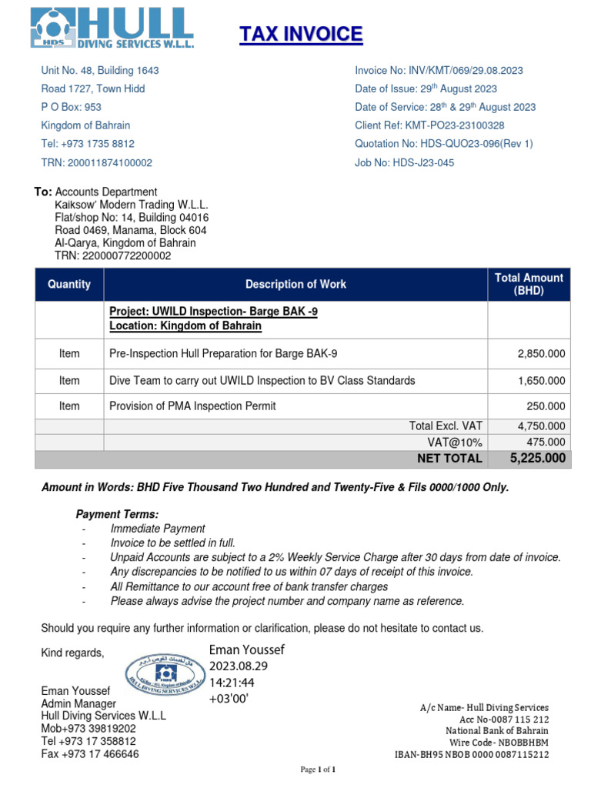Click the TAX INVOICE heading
coord(300,35)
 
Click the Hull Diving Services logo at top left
coord(112,28)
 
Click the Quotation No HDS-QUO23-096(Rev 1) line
coord(443,144)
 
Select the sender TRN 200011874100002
coord(96,162)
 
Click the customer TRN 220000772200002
coord(112,255)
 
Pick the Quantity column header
coord(69,284)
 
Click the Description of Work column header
coord(295,284)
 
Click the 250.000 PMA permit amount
coord(546,406)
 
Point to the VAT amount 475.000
coord(546,442)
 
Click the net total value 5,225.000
coord(538,459)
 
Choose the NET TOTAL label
coord(449,459)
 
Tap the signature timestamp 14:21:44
coord(232,682)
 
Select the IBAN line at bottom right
coord(472,755)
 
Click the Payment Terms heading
coord(117,514)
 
